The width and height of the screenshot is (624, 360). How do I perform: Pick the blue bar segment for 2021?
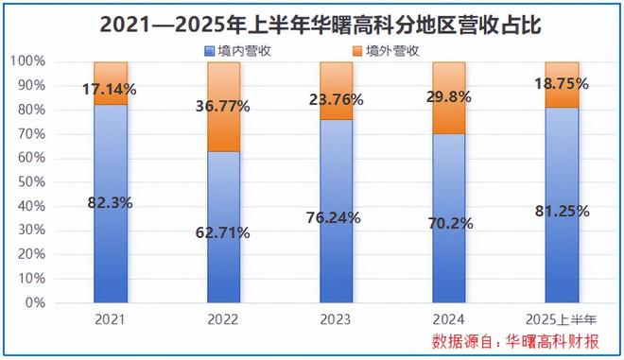click(111, 246)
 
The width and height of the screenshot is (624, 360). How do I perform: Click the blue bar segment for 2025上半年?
click(562, 246)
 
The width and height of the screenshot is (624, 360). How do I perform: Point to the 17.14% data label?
click(111, 90)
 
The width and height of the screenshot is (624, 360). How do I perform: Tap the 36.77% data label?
click(223, 107)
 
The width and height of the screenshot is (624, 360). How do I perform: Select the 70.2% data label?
click(448, 226)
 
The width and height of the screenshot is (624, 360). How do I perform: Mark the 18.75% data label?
click(562, 83)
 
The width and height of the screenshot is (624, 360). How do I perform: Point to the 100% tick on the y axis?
click(27, 61)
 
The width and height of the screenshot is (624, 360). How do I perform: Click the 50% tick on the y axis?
click(30, 182)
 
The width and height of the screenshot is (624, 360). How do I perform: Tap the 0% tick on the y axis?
click(34, 303)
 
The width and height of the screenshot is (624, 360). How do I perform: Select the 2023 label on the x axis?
click(337, 321)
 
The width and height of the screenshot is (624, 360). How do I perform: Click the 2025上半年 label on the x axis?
click(562, 321)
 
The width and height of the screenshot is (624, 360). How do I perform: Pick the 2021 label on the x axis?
click(111, 321)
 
